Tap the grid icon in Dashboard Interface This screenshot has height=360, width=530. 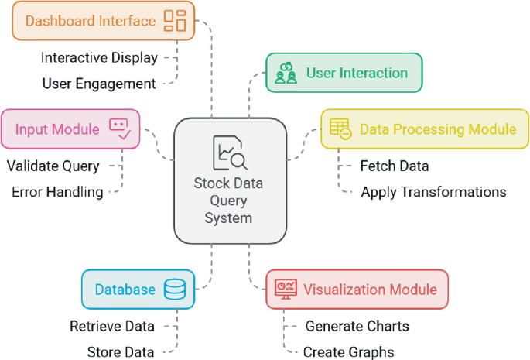(x=175, y=21)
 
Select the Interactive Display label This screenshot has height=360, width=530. (x=99, y=57)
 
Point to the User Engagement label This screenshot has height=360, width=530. (x=99, y=83)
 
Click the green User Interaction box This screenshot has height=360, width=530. (x=344, y=74)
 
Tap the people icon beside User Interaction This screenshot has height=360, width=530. (x=286, y=74)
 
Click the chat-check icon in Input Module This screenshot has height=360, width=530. (x=119, y=129)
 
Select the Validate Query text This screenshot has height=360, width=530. (x=53, y=166)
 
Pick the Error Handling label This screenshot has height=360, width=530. (x=57, y=192)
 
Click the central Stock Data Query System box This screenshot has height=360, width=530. (x=228, y=180)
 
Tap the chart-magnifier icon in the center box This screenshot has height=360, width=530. (x=229, y=153)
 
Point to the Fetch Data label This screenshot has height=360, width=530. (x=395, y=166)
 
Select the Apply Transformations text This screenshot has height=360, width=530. (x=433, y=192)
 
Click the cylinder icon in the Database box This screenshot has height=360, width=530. (x=174, y=290)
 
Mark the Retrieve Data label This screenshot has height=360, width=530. (x=112, y=326)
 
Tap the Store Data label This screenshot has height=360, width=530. (x=121, y=351)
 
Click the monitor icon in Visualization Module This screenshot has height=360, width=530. (x=285, y=290)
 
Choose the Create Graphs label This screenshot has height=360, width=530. (x=348, y=351)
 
